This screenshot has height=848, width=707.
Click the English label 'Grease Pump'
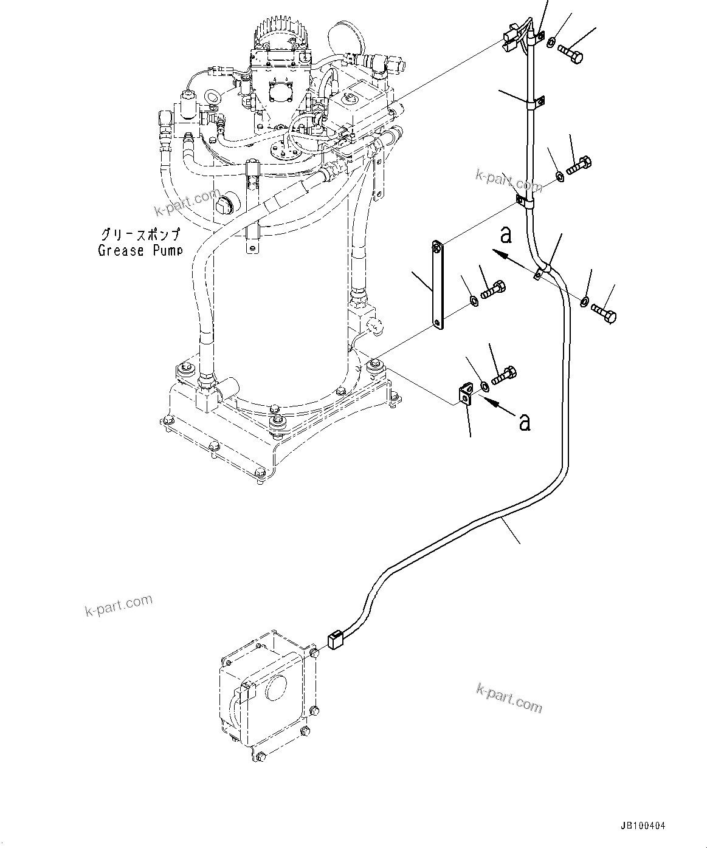click(140, 250)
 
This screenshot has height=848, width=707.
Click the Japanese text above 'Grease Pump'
click(140, 234)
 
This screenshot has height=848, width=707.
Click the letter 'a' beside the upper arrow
click(506, 234)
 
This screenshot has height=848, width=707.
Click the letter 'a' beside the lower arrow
click(524, 421)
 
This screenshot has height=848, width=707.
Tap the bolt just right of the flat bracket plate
click(494, 289)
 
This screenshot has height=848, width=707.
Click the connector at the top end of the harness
click(514, 40)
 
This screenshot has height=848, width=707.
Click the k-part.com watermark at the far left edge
click(119, 604)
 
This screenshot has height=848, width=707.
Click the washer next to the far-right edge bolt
click(584, 301)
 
